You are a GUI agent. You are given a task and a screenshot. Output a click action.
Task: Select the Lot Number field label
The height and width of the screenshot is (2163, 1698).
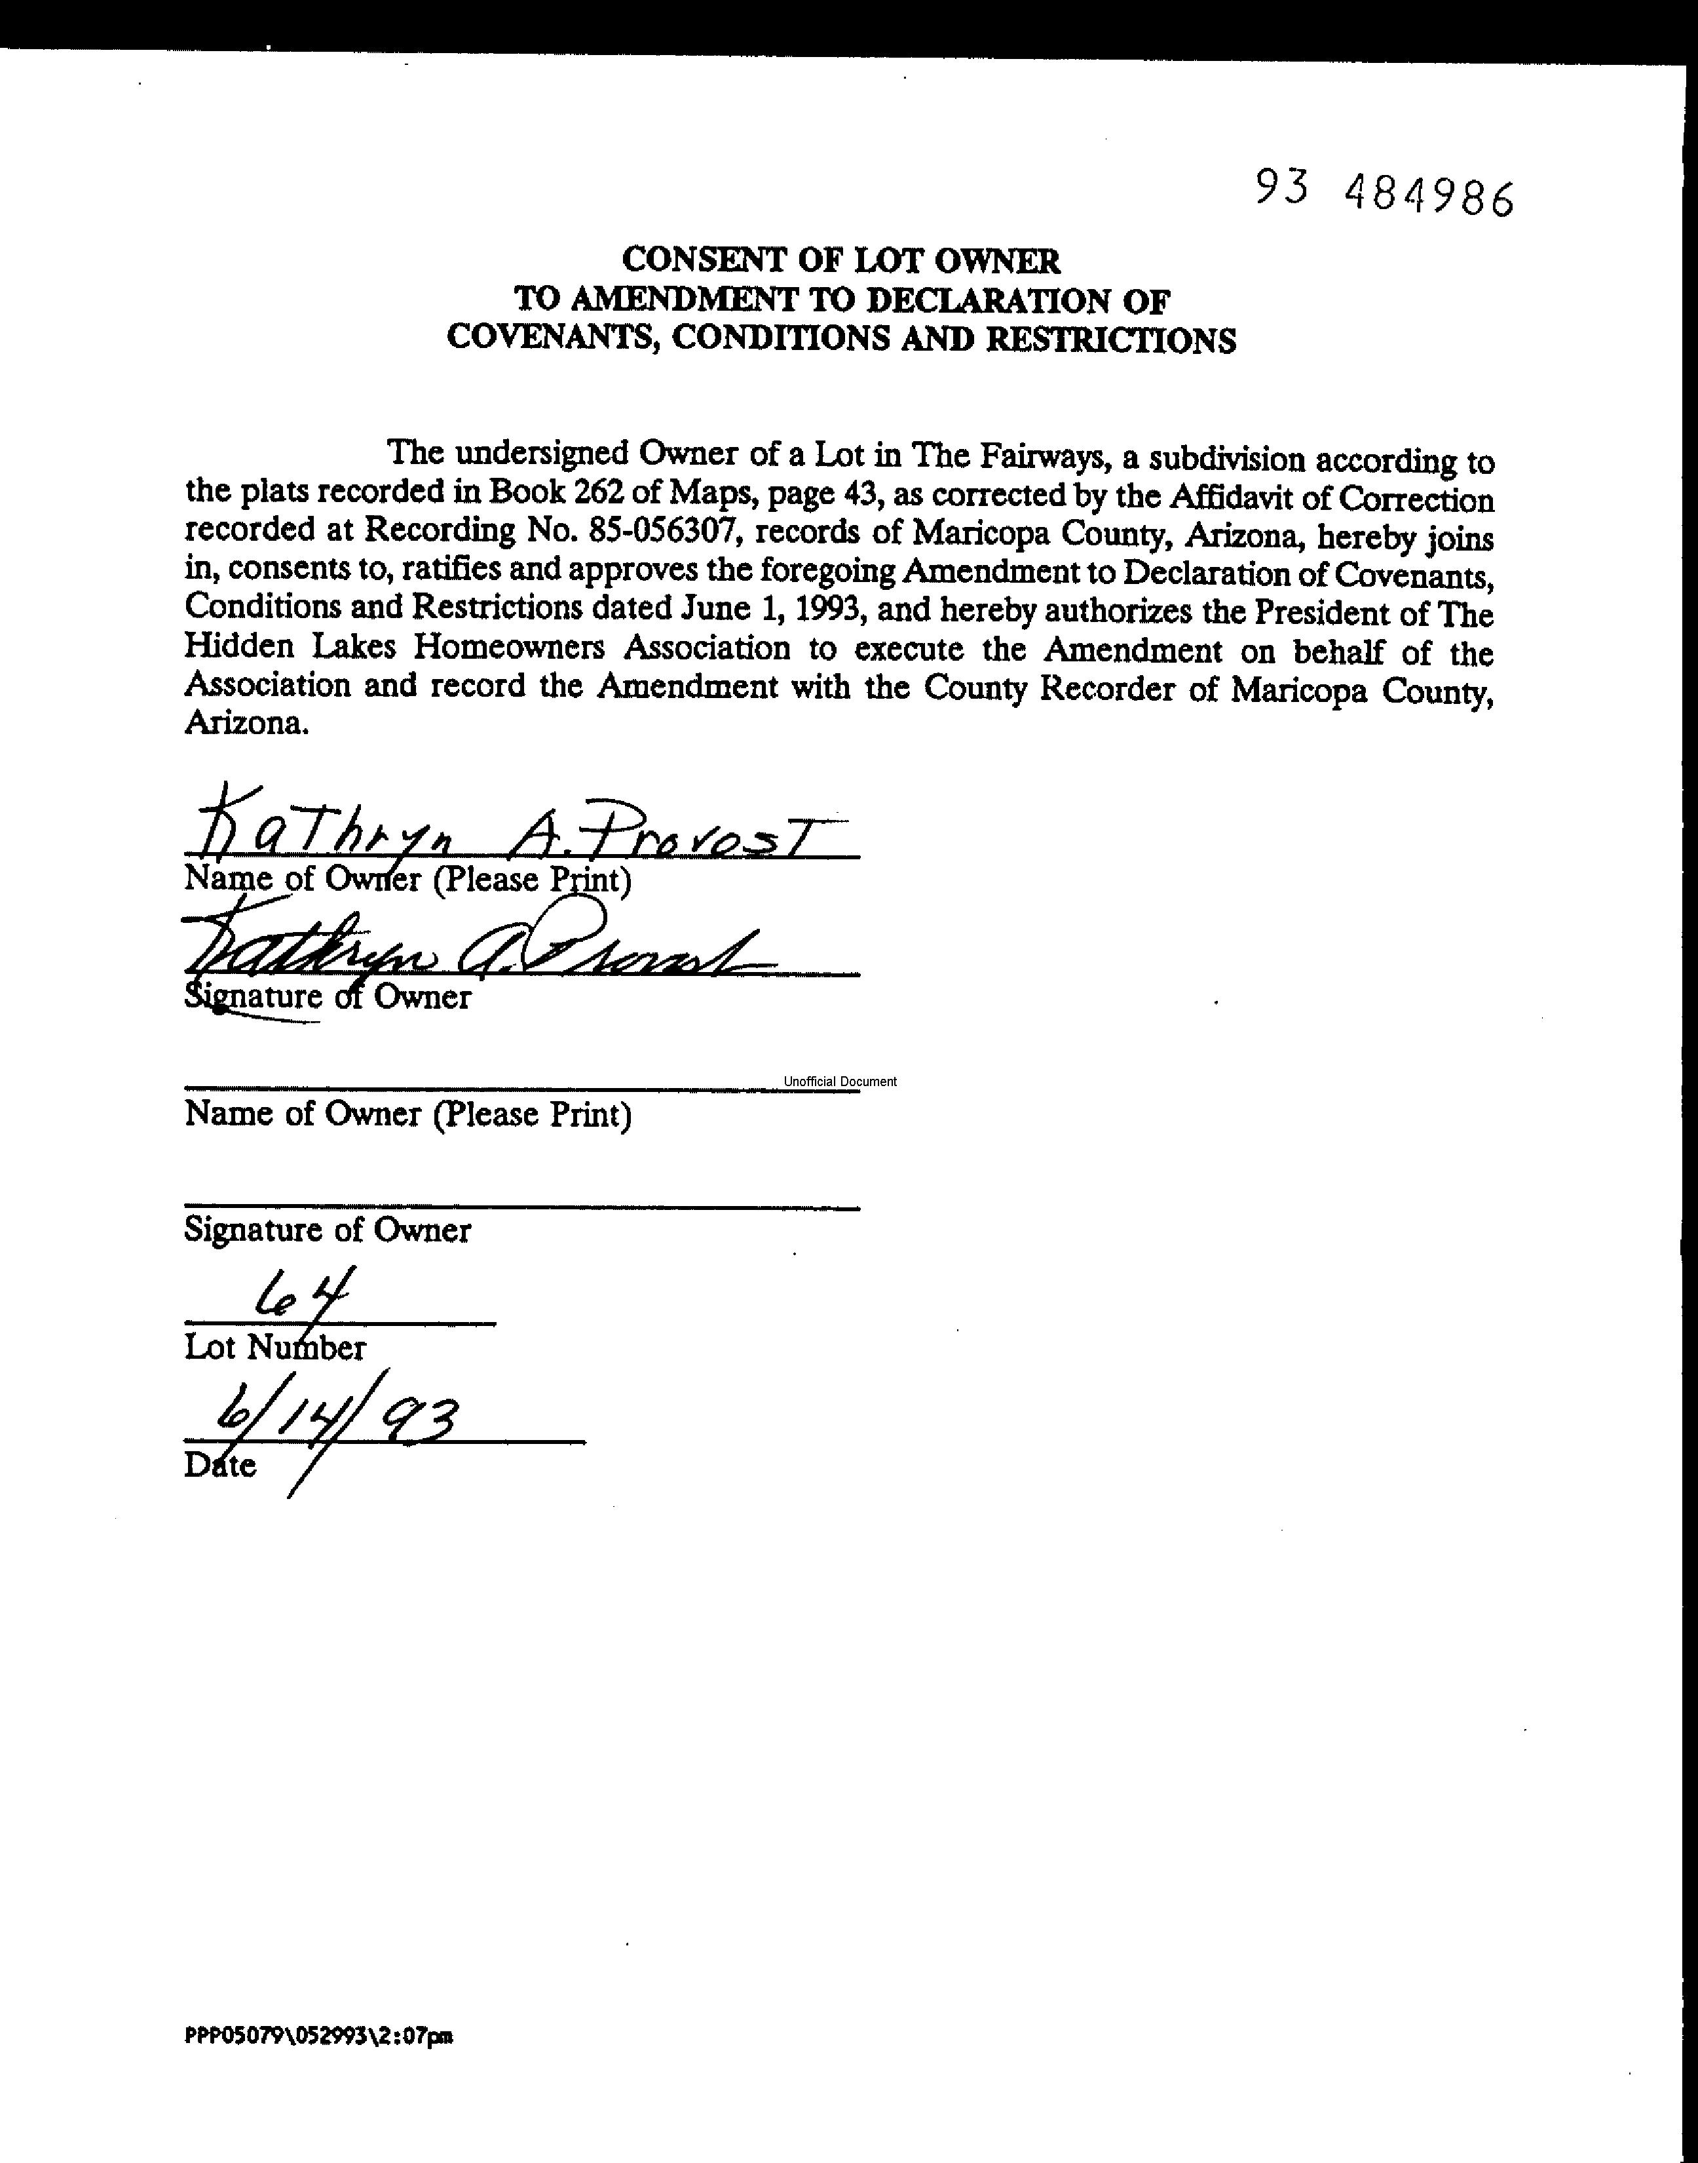pyautogui.click(x=274, y=1348)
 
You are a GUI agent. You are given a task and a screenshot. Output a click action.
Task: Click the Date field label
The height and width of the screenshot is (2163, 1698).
pyautogui.click(x=219, y=1465)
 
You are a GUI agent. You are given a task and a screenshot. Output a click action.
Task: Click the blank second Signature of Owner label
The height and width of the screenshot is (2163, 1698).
pyautogui.click(x=327, y=1230)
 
